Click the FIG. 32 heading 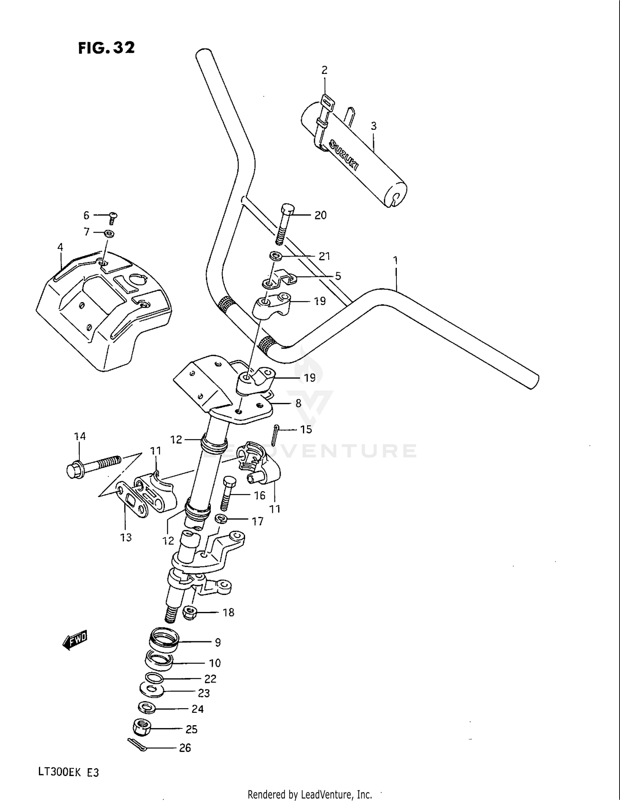106,48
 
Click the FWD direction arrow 75,640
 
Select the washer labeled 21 276,256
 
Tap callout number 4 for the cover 60,247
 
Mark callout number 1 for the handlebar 396,260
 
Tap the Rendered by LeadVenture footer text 310,794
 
